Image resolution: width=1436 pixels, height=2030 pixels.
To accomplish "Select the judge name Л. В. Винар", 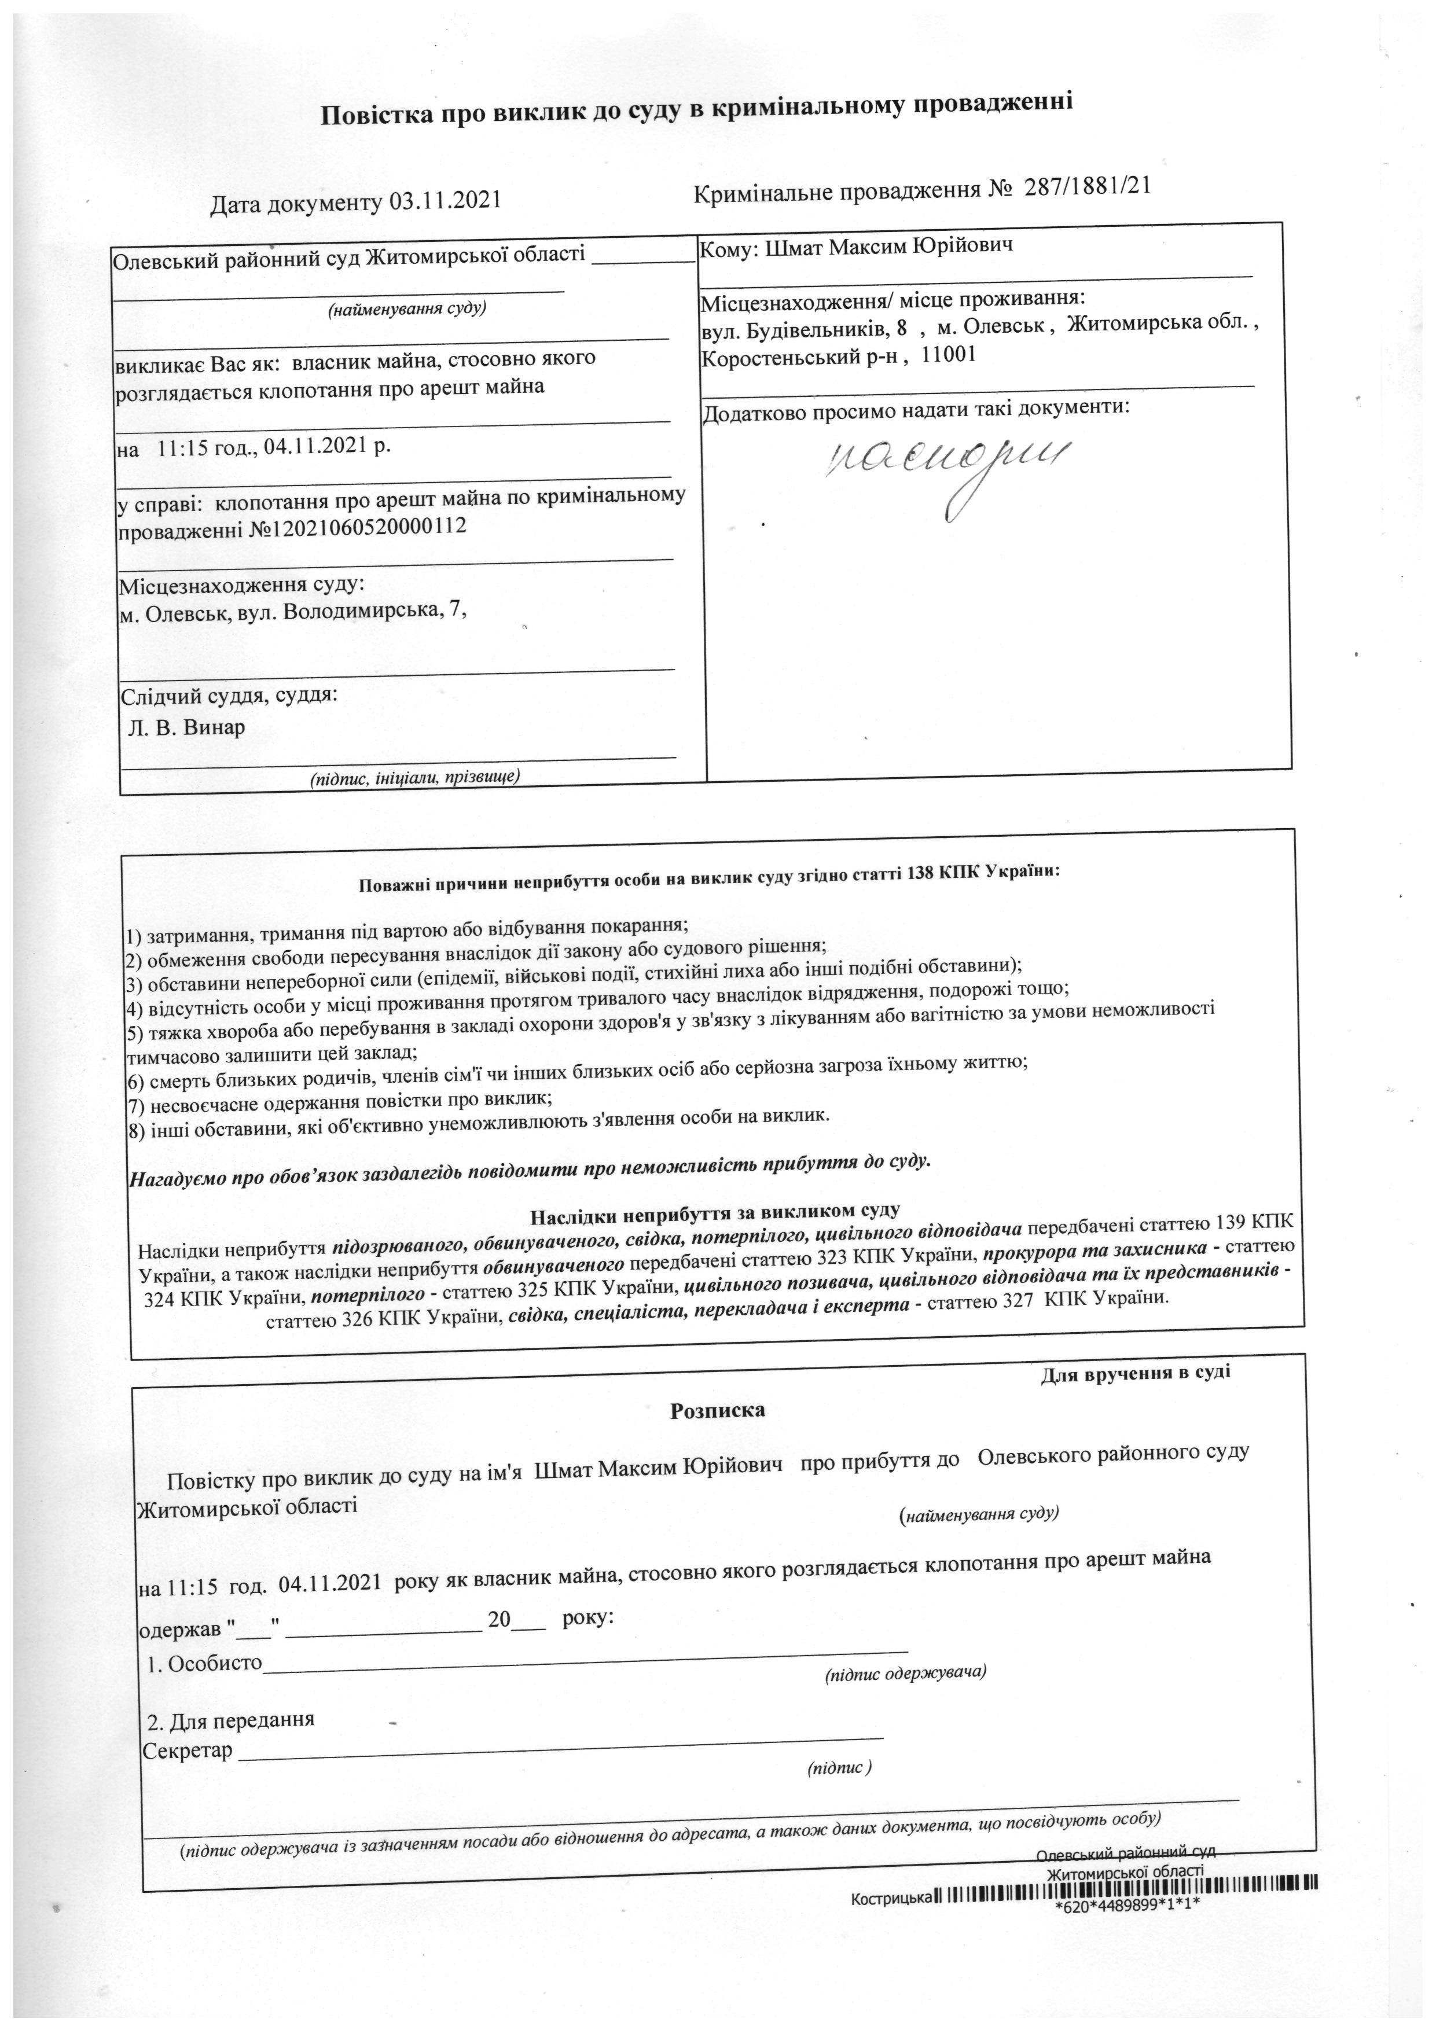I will point(186,727).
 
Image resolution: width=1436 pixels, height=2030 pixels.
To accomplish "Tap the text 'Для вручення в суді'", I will point(1134,1373).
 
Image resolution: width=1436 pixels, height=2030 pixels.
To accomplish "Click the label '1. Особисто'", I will point(205,1663).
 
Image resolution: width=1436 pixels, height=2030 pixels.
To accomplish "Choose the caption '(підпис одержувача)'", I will point(905,1674).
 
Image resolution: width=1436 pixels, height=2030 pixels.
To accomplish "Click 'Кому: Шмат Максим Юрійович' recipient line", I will point(856,246).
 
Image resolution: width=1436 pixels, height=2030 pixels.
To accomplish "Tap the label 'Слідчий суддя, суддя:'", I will point(229,695).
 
